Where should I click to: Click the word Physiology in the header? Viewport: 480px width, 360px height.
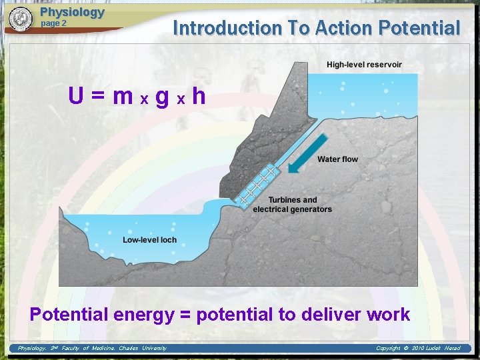point(72,12)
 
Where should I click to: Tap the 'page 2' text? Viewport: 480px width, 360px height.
point(54,23)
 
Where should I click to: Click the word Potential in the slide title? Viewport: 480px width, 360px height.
point(419,28)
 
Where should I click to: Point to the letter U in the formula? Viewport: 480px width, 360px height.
point(76,97)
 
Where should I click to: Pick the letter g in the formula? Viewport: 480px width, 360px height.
point(161,97)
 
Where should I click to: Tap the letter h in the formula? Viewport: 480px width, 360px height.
point(198,97)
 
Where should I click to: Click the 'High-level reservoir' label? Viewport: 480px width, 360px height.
point(364,65)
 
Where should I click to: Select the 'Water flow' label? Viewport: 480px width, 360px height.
point(337,159)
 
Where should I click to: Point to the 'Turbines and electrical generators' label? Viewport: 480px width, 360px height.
point(292,205)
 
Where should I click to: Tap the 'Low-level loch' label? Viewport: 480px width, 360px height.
point(150,240)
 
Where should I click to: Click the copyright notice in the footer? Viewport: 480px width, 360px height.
point(418,348)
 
